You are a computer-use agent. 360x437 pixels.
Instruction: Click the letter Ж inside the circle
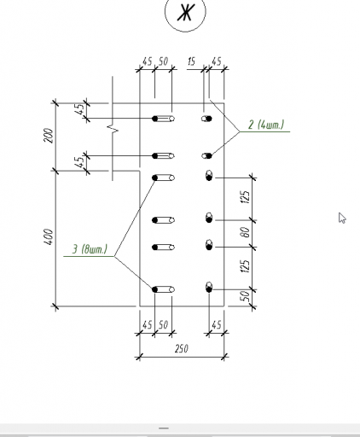185,12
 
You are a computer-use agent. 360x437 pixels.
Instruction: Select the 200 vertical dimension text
49,136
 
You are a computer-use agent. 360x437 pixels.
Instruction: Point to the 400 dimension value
49,236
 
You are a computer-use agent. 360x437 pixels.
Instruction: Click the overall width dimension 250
181,348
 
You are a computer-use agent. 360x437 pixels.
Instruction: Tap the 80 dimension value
246,232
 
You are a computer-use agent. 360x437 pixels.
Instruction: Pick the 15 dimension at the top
191,61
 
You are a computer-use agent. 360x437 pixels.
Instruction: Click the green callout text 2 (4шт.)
266,125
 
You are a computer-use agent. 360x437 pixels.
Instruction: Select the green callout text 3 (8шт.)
90,249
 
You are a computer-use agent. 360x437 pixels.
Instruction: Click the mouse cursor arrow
342,218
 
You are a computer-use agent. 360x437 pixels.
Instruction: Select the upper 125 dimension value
246,197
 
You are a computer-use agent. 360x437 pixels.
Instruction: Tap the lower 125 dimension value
246,266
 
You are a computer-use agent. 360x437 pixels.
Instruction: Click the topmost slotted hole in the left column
163,119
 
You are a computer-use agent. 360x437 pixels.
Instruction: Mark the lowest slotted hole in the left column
163,289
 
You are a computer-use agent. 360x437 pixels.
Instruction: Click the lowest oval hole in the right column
209,288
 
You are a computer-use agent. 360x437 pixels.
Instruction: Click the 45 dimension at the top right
217,61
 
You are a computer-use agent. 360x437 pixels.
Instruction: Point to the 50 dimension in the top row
163,61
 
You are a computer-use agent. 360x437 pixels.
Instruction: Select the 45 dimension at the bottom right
217,325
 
